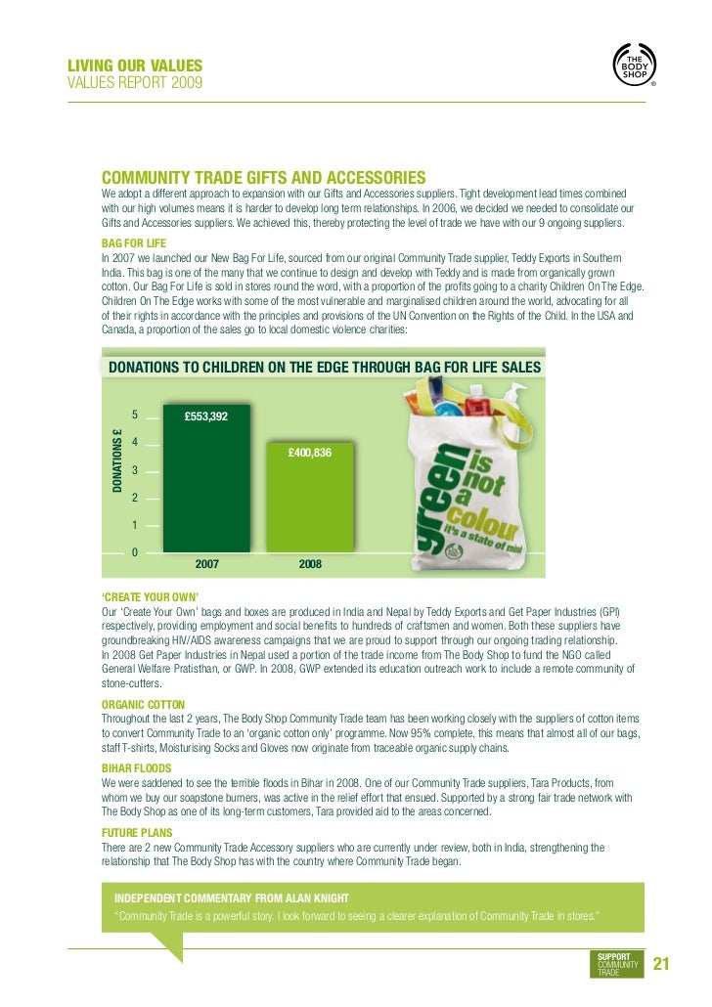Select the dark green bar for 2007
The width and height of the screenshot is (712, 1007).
coord(206,479)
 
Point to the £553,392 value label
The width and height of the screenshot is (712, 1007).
coord(206,416)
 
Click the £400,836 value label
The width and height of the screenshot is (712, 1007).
coord(309,453)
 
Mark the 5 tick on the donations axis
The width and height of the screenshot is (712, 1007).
coord(135,416)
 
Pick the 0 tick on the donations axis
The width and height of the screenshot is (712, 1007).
coord(135,552)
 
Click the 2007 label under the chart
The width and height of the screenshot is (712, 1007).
coord(206,565)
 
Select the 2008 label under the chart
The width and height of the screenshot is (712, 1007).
coord(310,565)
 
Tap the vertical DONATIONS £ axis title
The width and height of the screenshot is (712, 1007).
coord(116,460)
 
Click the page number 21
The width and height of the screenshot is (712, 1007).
coord(660,964)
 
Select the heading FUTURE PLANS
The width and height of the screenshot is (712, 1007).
coord(137,834)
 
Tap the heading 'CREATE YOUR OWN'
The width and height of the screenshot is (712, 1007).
coord(150,597)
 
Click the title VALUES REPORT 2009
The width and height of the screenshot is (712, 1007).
coord(135,83)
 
